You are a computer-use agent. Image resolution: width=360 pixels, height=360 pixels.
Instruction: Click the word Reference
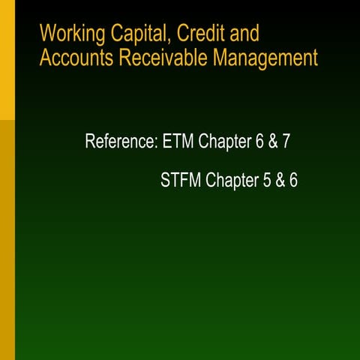pos(121,141)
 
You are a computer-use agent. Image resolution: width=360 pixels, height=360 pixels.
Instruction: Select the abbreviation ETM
pos(178,141)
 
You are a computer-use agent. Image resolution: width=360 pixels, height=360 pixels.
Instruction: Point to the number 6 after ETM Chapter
pos(259,141)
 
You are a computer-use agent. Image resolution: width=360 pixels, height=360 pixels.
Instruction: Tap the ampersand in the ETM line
pos(271,141)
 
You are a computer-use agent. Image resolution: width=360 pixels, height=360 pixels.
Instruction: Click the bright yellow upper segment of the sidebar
pos(7,59)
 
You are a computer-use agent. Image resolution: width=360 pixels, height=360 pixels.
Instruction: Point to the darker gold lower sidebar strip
pos(7,240)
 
